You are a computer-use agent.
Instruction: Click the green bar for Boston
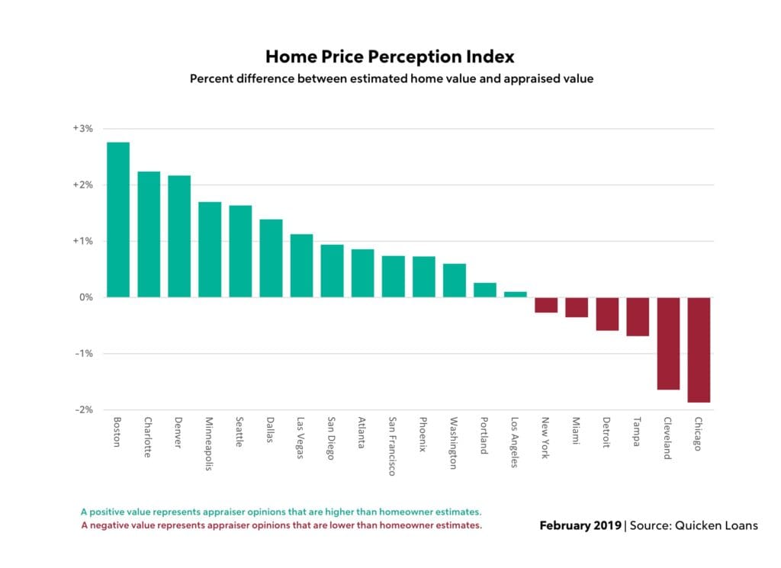[118, 220]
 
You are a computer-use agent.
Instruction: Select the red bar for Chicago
[699, 349]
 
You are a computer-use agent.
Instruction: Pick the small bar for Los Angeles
[516, 294]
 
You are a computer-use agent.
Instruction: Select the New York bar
[546, 305]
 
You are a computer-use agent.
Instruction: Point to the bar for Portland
[485, 290]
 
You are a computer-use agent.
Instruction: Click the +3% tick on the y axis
[83, 129]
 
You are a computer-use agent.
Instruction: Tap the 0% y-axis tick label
[85, 297]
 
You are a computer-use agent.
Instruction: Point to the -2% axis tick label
[84, 409]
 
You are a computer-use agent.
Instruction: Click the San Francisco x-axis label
[391, 446]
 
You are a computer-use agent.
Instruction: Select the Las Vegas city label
[300, 438]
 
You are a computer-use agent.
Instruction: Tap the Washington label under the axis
[453, 443]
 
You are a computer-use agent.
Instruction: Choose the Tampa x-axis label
[636, 432]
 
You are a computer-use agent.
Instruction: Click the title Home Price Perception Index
[390, 57]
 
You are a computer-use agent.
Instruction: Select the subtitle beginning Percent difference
[390, 79]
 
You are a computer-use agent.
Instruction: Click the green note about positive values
[281, 512]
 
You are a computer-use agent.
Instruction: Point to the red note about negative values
[281, 525]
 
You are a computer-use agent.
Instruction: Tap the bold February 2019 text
[580, 525]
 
